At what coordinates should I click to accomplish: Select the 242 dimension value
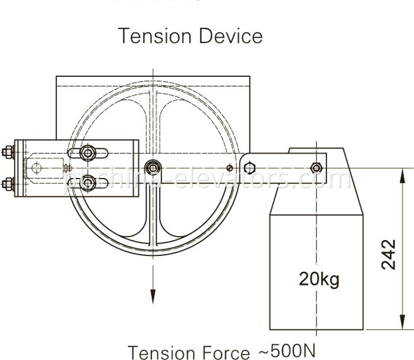(x=389, y=254)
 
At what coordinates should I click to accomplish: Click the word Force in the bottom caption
(x=221, y=352)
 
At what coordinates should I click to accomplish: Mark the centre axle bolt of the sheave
(x=153, y=168)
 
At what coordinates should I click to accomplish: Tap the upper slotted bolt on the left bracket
(x=88, y=154)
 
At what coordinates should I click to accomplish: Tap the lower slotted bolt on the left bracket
(x=88, y=183)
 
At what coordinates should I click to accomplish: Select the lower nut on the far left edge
(x=8, y=183)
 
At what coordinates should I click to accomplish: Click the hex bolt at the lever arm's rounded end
(x=249, y=168)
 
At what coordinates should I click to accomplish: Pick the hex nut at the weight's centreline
(x=316, y=168)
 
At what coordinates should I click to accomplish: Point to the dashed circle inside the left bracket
(x=37, y=168)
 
